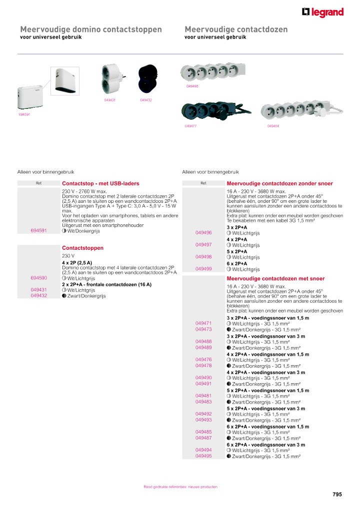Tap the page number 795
tap(337, 495)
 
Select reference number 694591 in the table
tap(39, 230)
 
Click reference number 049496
tap(203, 233)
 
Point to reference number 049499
tap(203, 269)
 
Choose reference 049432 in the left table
tap(39, 296)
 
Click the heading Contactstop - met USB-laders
tap(100, 183)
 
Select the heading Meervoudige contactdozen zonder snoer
tap(279, 183)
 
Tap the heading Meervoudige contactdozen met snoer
tap(275, 279)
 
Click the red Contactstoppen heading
tap(82, 248)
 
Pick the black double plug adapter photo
tap(147, 79)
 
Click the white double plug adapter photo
tap(111, 79)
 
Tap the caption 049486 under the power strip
tap(192, 86)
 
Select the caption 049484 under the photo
tap(273, 126)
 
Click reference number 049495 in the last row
tap(203, 456)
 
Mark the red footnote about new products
tap(180, 487)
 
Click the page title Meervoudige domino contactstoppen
tap(91, 29)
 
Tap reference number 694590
tap(39, 278)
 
